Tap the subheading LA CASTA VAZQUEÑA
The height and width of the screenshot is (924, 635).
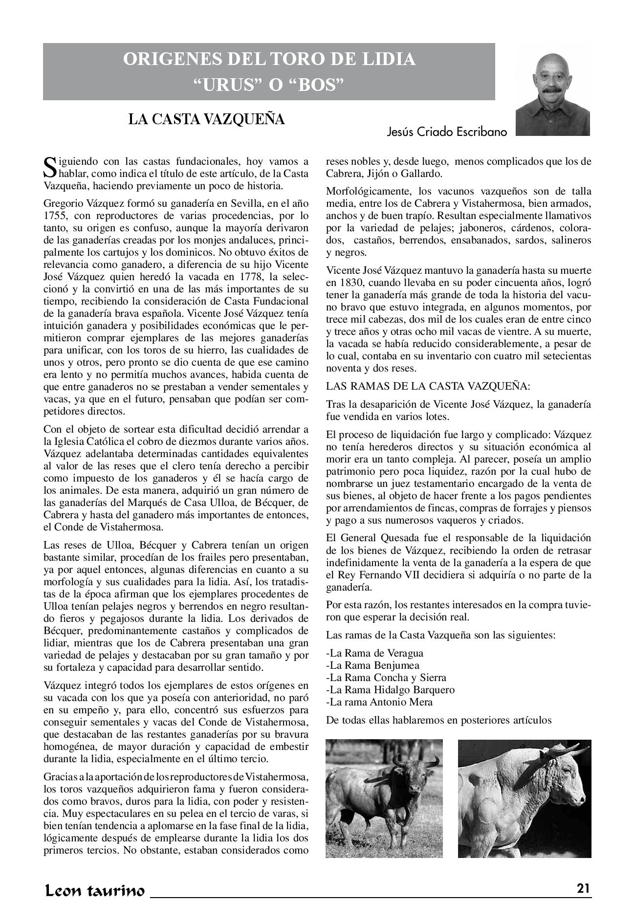pos(206,119)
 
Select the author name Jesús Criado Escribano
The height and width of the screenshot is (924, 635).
pos(447,132)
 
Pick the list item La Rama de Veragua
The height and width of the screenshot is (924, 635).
pos(374,653)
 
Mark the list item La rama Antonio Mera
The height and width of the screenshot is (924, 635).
pos(379,702)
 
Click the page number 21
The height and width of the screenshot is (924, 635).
pos(583,888)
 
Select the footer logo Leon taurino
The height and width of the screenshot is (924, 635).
pos(94,890)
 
